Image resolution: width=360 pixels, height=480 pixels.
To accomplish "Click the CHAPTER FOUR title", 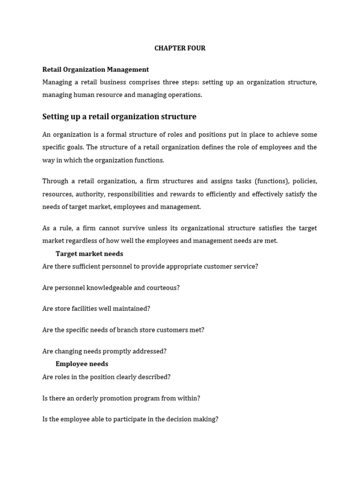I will tap(180, 48).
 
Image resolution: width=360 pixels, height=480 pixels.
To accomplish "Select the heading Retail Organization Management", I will tap(96, 69).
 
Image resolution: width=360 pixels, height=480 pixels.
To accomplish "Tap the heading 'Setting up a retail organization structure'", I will tap(119, 117).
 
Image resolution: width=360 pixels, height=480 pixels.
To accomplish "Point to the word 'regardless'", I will tap(83, 241).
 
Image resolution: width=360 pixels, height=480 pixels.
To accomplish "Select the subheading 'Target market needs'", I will tap(89, 254).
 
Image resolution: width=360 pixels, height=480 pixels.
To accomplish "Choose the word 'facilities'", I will tap(88, 309).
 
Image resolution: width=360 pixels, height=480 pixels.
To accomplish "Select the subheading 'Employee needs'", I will tap(82, 364).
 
